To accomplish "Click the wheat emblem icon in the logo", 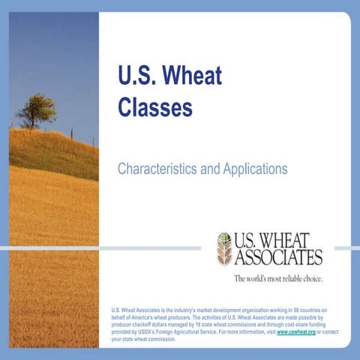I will point(224,249).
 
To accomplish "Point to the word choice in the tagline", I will point(312,279).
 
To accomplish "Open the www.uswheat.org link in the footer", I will point(295,331).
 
